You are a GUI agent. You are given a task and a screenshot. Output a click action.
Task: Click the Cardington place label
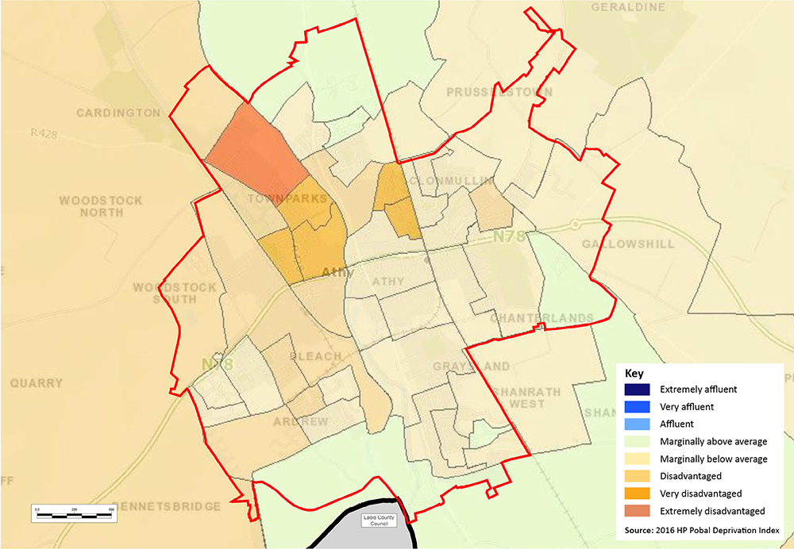click(118, 113)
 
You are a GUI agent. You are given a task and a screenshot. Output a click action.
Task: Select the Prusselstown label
click(499, 93)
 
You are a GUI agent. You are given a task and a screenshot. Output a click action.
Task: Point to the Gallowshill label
click(627, 244)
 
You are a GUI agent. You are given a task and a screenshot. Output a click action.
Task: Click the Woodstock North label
click(100, 207)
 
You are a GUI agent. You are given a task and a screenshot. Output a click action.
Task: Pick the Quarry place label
click(37, 383)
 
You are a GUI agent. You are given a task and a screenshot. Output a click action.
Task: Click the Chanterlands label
click(542, 318)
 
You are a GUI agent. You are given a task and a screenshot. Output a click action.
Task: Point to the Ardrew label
click(301, 421)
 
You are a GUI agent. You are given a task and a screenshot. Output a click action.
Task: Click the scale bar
click(75, 513)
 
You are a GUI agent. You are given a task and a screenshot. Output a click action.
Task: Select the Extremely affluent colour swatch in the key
click(637, 390)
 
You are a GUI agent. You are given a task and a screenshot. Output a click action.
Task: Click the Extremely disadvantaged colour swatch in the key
click(637, 511)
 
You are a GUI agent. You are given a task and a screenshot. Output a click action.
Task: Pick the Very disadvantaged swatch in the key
click(637, 493)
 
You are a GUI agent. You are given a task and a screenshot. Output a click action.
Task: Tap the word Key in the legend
click(635, 372)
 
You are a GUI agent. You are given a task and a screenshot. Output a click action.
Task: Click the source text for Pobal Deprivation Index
click(703, 529)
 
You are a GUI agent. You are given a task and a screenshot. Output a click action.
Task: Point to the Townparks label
click(287, 198)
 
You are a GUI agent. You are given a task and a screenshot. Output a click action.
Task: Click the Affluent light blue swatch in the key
click(637, 424)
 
